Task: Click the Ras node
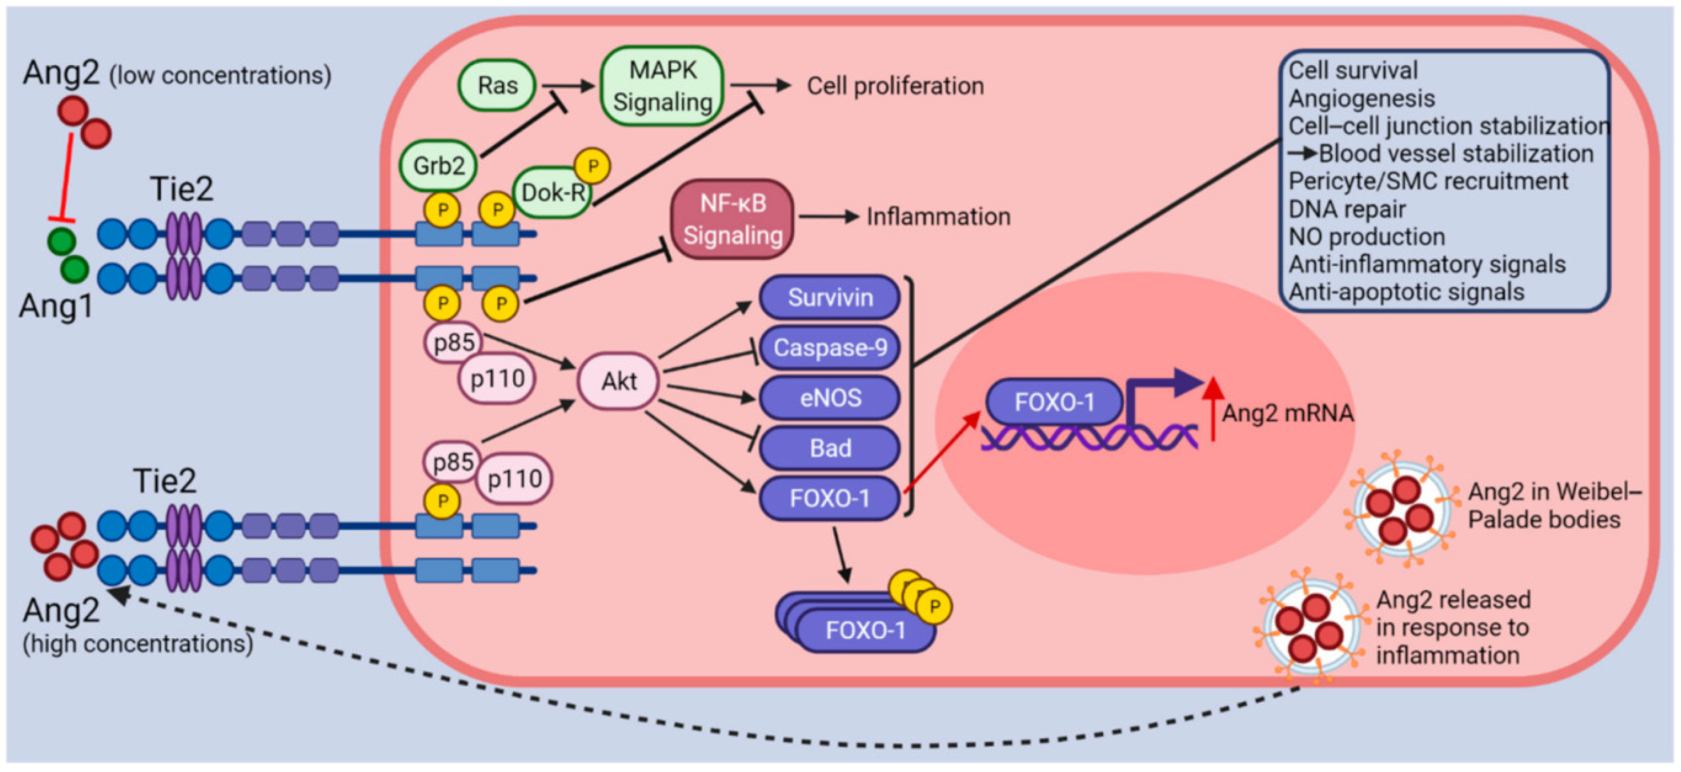point(497,85)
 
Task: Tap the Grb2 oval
point(438,166)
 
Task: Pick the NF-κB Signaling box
point(732,219)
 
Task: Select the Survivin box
point(829,297)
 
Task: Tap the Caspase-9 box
point(829,348)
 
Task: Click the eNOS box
point(829,397)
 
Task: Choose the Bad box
point(829,447)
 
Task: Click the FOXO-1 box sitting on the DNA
point(1054,402)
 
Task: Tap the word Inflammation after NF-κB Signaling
point(938,217)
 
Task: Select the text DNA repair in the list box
point(1346,209)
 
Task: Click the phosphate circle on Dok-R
point(592,166)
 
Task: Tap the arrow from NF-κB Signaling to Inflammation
point(827,217)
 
